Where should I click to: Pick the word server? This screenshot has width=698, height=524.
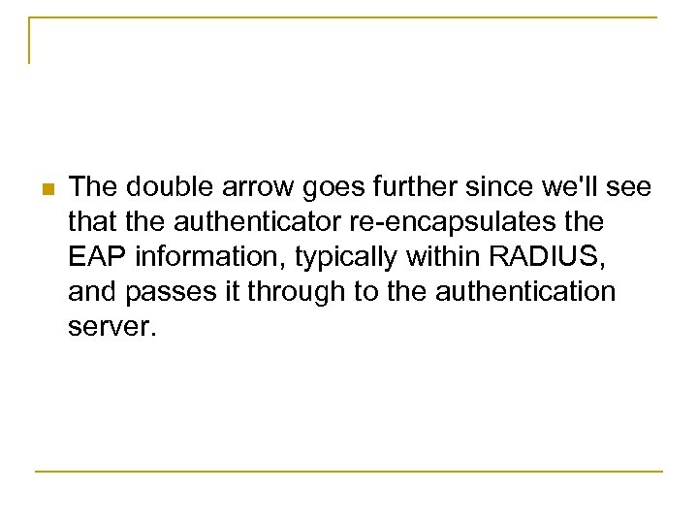pos(112,327)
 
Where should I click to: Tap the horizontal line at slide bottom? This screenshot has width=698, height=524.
pos(349,472)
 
